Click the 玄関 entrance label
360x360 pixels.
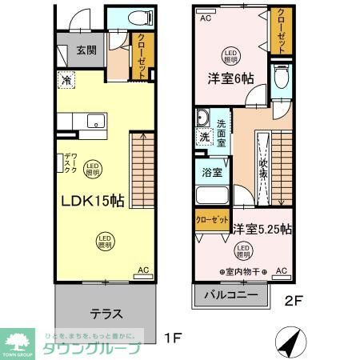(86, 50)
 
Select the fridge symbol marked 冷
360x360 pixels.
(64, 81)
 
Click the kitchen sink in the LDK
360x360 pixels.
(95, 122)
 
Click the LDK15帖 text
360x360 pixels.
(92, 201)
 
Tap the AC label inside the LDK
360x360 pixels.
(143, 271)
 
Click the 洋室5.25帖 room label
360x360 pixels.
(262, 229)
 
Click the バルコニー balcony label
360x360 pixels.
(230, 294)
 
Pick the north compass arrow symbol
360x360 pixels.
(290, 342)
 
